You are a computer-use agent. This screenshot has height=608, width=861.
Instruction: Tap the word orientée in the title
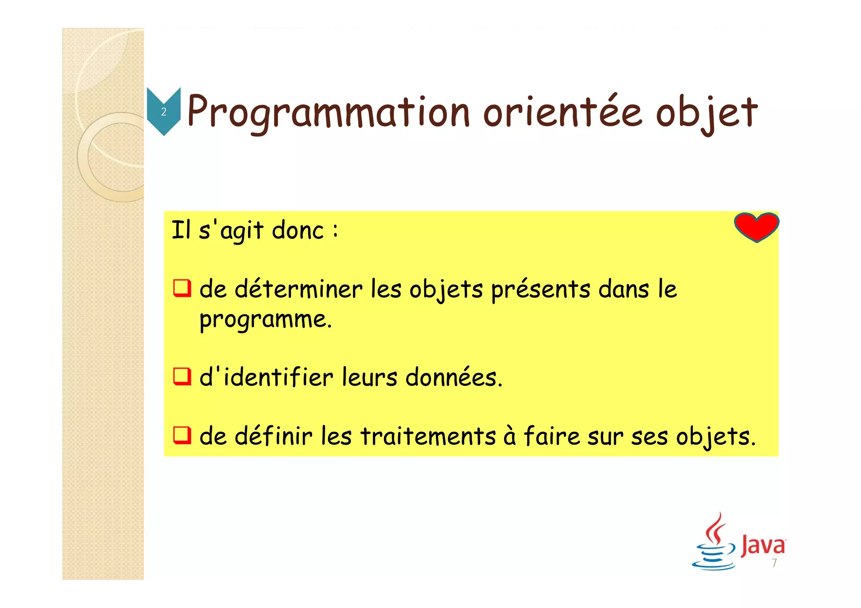point(563,112)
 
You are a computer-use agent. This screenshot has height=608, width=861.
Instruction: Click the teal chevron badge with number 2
point(164,111)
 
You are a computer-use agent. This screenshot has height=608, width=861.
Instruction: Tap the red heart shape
point(756,226)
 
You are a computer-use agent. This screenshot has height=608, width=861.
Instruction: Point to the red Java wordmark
point(763,545)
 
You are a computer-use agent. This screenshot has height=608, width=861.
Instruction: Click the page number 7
point(774,563)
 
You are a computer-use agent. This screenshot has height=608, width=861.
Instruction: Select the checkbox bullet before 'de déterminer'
point(182,289)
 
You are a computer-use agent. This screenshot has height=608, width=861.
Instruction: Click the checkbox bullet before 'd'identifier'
point(182,376)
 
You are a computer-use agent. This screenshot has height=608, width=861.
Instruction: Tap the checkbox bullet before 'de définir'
point(182,435)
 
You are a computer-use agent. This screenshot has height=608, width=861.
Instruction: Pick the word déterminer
point(298,289)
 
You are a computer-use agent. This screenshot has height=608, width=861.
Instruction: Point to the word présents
point(541,290)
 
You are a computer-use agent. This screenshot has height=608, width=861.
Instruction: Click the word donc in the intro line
point(298,230)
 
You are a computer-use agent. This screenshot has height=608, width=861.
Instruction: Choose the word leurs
point(369,377)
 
